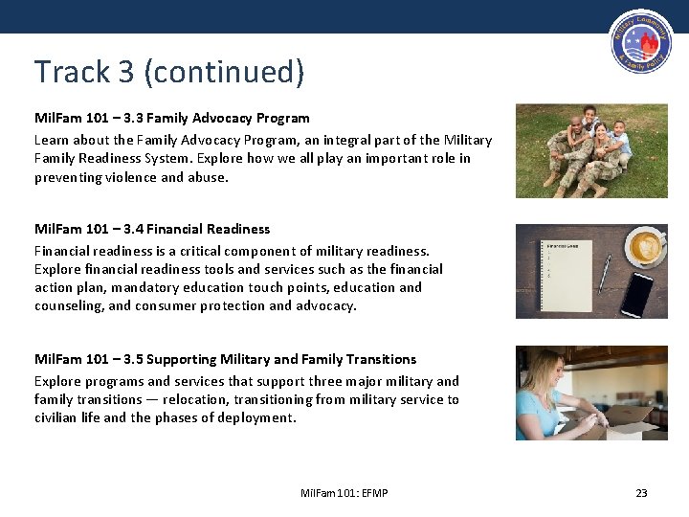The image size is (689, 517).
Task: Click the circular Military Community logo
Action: [x=639, y=46]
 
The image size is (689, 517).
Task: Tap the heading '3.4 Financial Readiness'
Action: [x=152, y=229]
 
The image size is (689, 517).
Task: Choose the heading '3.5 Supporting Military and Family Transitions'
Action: [x=225, y=359]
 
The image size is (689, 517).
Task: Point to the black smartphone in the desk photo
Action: [x=637, y=293]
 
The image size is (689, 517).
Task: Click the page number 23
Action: [x=641, y=493]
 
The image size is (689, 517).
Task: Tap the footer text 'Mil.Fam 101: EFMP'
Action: [x=344, y=493]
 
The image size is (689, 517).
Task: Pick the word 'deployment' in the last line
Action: [x=260, y=417]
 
